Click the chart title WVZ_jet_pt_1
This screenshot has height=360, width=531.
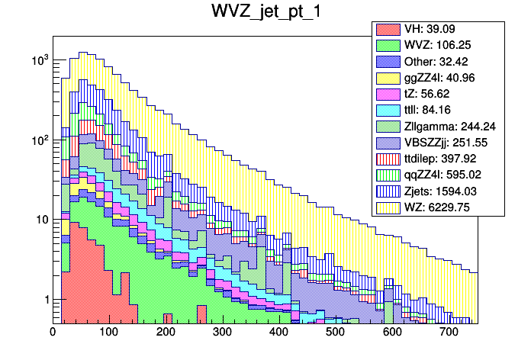click(265, 12)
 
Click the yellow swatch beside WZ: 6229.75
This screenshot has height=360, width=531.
click(388, 206)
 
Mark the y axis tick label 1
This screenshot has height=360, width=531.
click(46, 300)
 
